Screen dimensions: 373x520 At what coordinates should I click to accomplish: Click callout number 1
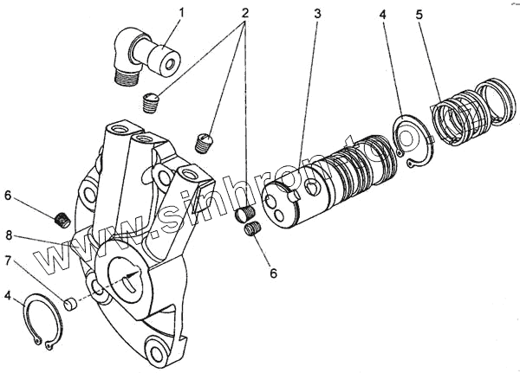(180, 12)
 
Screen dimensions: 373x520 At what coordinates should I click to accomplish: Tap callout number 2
(246, 15)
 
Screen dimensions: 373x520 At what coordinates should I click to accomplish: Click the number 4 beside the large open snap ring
(8, 296)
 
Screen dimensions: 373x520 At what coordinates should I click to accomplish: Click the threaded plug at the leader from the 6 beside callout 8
(63, 220)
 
